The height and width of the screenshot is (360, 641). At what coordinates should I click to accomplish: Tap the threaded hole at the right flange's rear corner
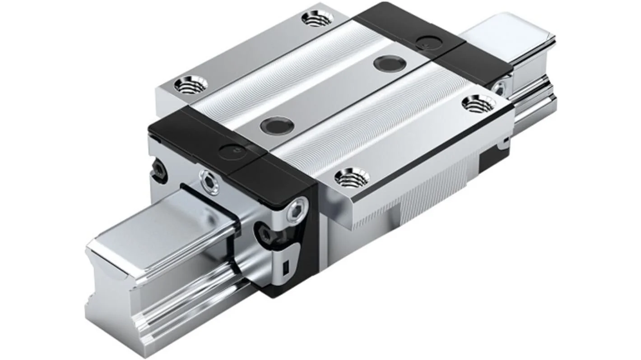(x=478, y=104)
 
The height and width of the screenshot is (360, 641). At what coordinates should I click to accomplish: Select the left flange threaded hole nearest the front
(x=190, y=85)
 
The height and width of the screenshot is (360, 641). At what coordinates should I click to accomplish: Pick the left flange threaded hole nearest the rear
(x=317, y=18)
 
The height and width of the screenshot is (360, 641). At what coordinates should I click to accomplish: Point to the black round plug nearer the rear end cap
(x=389, y=63)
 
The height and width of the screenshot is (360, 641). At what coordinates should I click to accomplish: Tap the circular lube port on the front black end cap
(x=232, y=152)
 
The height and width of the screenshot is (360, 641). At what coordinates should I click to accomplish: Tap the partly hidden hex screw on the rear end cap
(x=499, y=89)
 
